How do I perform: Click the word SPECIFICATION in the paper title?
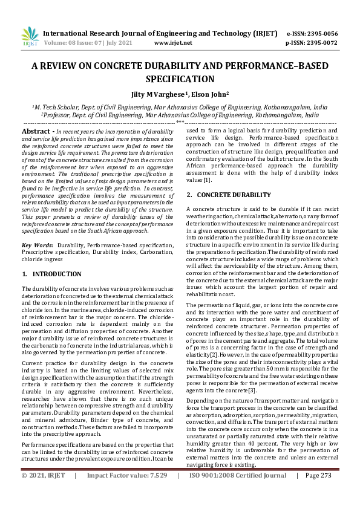180,79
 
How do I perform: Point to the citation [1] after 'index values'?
208,180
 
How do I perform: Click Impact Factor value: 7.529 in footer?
125,493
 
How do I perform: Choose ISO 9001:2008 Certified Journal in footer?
238,493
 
